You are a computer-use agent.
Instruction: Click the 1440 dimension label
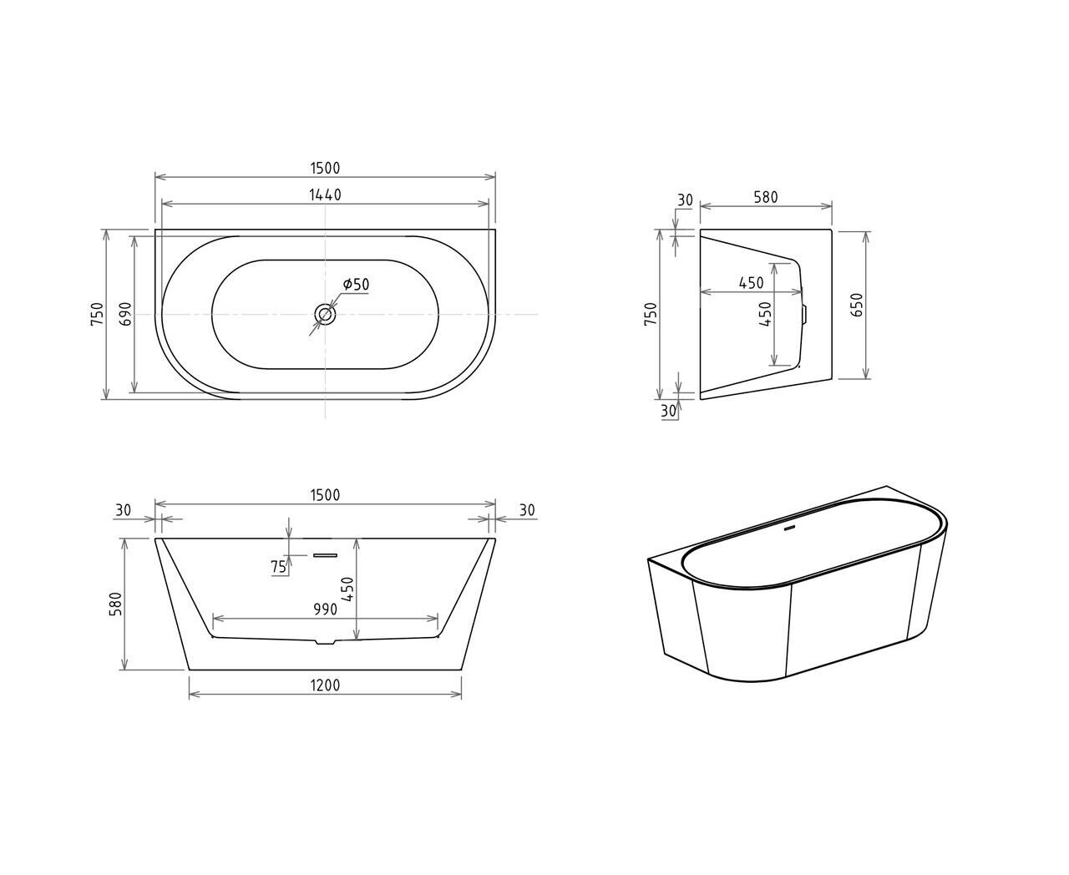tap(325, 195)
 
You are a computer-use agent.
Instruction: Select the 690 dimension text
tap(126, 314)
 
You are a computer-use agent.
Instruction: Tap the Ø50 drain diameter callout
tap(356, 284)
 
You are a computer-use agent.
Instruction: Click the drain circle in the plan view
tap(325, 314)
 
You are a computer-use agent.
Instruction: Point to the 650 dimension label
tap(856, 305)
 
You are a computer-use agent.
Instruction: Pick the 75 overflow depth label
tap(279, 567)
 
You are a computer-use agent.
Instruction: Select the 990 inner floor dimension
tap(325, 609)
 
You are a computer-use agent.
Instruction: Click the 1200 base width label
tap(325, 685)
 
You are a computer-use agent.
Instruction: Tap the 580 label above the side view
tap(765, 197)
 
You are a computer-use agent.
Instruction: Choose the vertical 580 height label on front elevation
tap(116, 604)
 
